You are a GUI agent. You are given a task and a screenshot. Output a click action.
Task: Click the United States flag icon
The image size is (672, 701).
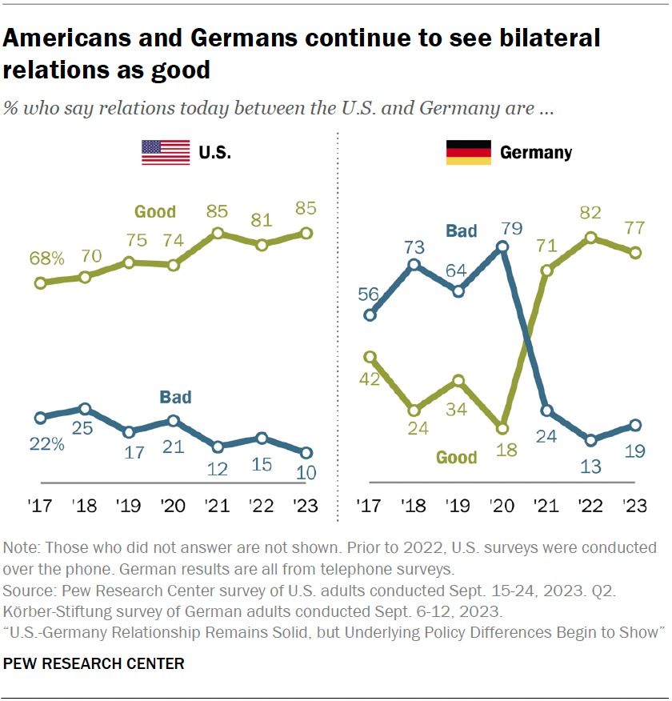[x=166, y=152]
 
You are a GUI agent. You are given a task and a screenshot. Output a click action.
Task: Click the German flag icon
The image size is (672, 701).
[x=468, y=152]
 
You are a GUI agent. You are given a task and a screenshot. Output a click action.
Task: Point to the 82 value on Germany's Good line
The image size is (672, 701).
[x=590, y=214]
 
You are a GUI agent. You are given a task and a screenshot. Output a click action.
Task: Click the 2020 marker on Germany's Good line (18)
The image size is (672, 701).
[x=502, y=427]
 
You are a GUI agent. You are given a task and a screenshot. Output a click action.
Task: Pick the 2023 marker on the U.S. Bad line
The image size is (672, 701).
[x=306, y=452]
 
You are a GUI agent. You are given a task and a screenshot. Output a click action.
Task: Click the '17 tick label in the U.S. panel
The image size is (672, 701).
[x=40, y=506]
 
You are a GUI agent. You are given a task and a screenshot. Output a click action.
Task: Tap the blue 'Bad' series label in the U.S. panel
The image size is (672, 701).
[x=176, y=397]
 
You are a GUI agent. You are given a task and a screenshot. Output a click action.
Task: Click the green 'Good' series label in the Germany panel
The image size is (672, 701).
[x=456, y=458]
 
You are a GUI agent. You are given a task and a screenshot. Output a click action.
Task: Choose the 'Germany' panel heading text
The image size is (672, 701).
[x=535, y=152]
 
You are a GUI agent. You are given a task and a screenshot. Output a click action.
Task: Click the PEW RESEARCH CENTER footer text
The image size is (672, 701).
[x=94, y=663]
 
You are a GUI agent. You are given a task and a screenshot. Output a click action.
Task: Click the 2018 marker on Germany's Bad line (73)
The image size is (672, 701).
[x=414, y=264]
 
